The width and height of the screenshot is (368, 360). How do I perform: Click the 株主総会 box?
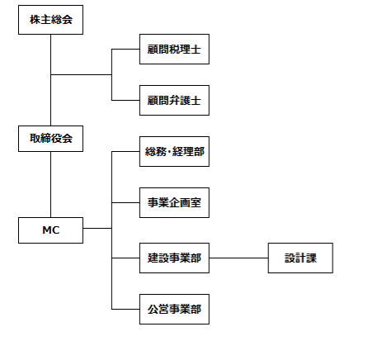[x=50, y=20]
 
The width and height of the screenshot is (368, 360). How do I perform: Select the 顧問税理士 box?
[x=174, y=50]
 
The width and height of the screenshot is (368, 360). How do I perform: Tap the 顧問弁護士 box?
[x=174, y=100]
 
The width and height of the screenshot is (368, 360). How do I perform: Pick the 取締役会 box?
[x=50, y=139]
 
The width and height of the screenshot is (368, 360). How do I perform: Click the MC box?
[x=50, y=230]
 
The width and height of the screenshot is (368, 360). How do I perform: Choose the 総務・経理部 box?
[x=174, y=151]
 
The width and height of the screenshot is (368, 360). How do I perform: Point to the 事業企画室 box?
[x=174, y=202]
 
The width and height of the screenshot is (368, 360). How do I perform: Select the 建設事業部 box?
[x=174, y=258]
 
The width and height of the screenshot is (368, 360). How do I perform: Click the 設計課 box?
[x=300, y=258]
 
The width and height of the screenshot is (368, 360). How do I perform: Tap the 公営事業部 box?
[x=174, y=309]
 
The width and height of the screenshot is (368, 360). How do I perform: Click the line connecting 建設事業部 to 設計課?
[x=238, y=258]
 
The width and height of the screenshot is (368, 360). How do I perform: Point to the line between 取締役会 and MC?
[x=50, y=184]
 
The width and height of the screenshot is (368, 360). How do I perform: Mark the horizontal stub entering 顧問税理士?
[x=125, y=50]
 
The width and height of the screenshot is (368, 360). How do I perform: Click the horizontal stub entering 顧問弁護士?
[x=125, y=100]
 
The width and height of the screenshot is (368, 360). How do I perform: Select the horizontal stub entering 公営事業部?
[x=125, y=309]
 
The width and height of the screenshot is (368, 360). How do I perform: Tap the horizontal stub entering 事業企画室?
[x=125, y=202]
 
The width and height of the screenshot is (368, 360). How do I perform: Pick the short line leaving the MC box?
[x=97, y=228]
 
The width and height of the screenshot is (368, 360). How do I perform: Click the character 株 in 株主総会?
[x=35, y=20]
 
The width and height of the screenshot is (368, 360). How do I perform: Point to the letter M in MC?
[x=47, y=230]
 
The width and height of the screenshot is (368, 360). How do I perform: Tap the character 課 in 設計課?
[x=311, y=258]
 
